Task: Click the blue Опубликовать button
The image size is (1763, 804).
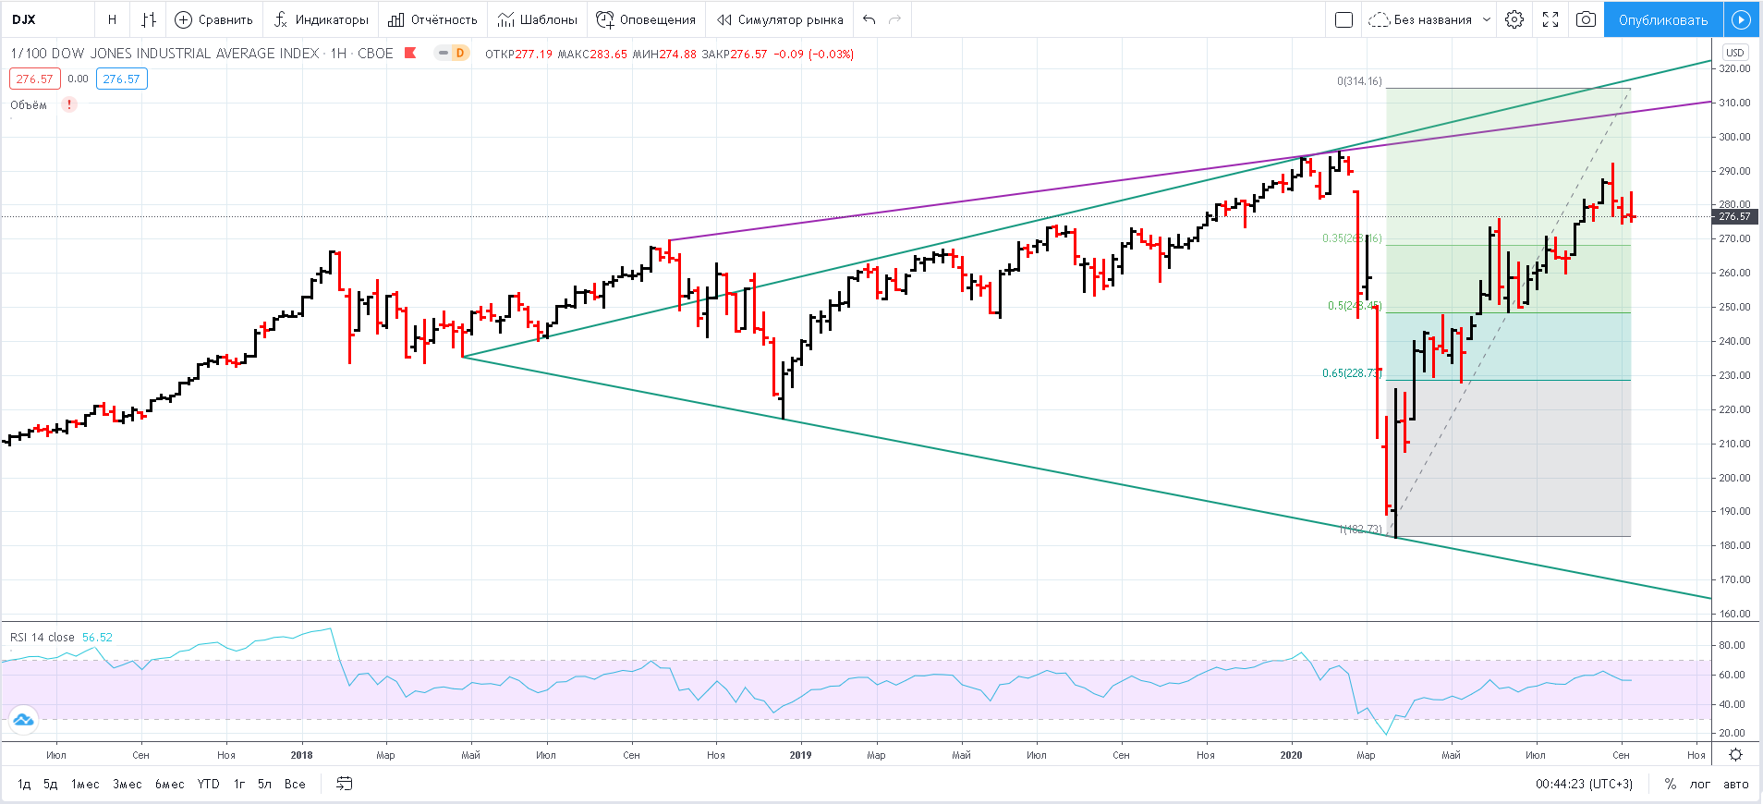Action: pyautogui.click(x=1662, y=19)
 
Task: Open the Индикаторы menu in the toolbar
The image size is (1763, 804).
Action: pyautogui.click(x=322, y=19)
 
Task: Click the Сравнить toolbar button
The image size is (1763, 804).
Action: pyautogui.click(x=214, y=19)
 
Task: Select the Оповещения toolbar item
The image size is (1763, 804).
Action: pyautogui.click(x=646, y=19)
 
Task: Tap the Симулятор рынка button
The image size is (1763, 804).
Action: pyautogui.click(x=781, y=19)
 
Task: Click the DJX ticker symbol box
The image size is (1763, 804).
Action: pyautogui.click(x=25, y=19)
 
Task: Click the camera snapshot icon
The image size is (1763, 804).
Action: pyautogui.click(x=1586, y=19)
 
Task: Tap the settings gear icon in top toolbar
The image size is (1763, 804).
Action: pyautogui.click(x=1514, y=19)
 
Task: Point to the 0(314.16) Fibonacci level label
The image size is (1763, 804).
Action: pyautogui.click(x=1359, y=81)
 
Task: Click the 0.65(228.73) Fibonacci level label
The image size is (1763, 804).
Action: pyautogui.click(x=1352, y=373)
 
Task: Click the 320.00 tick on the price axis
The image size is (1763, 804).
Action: pyautogui.click(x=1734, y=68)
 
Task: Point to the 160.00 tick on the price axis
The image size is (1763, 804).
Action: pyautogui.click(x=1734, y=614)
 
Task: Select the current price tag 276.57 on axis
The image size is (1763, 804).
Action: pyautogui.click(x=1734, y=216)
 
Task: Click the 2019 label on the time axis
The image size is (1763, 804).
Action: pyautogui.click(x=800, y=755)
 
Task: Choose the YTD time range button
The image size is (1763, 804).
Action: pyautogui.click(x=209, y=784)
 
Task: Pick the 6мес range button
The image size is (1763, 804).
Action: pyautogui.click(x=169, y=784)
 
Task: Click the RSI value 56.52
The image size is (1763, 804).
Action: pyautogui.click(x=97, y=638)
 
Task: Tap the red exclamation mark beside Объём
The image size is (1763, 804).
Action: pyautogui.click(x=69, y=104)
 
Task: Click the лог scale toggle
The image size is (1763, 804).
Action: pyautogui.click(x=1700, y=784)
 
